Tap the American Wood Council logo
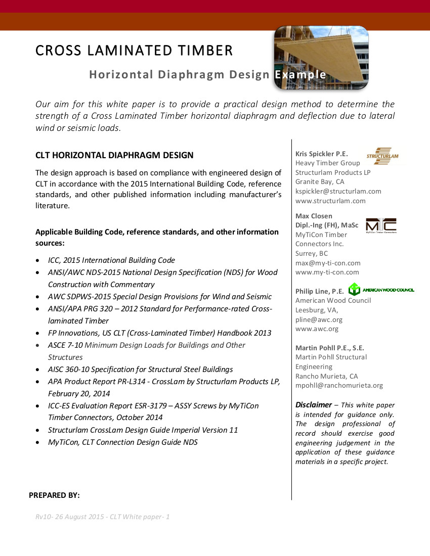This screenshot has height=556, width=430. [382, 290]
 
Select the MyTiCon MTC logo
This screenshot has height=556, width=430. [381, 225]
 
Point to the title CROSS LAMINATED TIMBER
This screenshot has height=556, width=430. [134, 51]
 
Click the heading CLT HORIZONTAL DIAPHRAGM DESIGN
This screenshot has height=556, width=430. [114, 155]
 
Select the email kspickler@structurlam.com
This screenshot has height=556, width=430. [338, 191]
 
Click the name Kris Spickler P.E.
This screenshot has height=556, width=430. [321, 154]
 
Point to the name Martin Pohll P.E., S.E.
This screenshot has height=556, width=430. [329, 348]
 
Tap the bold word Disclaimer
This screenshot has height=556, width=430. [314, 404]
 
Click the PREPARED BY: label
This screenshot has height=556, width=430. [54, 495]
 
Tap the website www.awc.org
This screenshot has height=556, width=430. [317, 329]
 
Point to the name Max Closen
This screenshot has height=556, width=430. [314, 216]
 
